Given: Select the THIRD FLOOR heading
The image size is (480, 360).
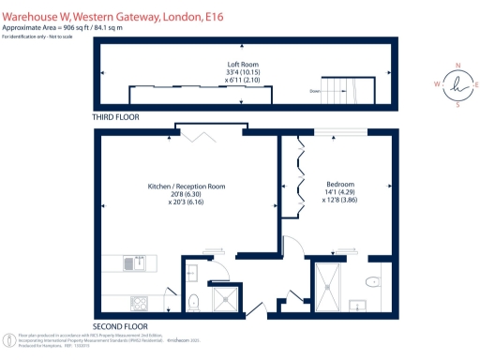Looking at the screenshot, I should [118, 120].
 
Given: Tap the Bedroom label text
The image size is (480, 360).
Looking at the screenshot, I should [339, 184].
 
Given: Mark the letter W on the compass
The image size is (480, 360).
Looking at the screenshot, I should [438, 84].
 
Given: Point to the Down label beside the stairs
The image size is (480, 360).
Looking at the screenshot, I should [316, 91].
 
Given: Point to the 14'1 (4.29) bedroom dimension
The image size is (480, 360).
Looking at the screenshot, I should [339, 192].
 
